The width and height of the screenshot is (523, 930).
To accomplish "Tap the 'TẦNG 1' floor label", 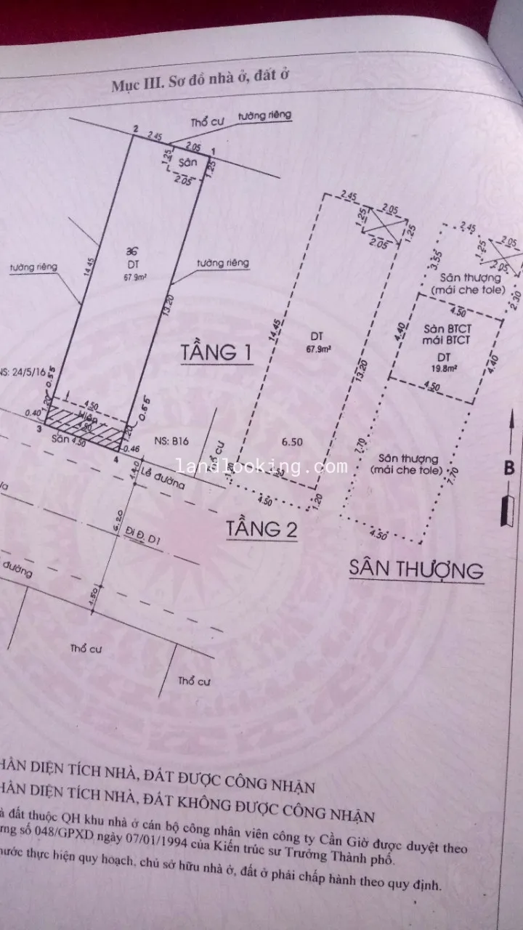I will pyautogui.click(x=216, y=353).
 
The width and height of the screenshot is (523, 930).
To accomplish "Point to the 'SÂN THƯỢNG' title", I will pyautogui.click(x=415, y=568).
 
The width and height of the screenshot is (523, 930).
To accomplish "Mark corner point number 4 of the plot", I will pyautogui.click(x=116, y=458).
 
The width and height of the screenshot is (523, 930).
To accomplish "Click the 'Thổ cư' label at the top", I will pyautogui.click(x=206, y=122).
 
